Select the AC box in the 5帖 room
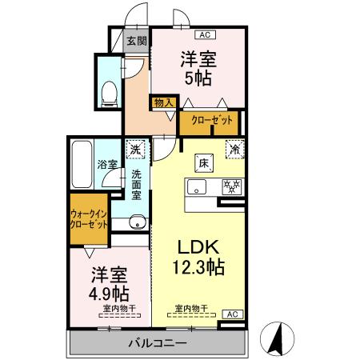[x=204, y=34]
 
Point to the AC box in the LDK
[x=230, y=314]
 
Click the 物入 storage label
[x=162, y=102]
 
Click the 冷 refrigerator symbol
[x=235, y=148]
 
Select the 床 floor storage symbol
[x=204, y=163]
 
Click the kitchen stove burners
[x=231, y=187]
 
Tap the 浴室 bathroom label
[x=108, y=164]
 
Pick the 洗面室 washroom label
[x=137, y=185]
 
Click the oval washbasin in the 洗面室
[x=136, y=222]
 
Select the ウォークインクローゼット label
[x=89, y=220]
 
